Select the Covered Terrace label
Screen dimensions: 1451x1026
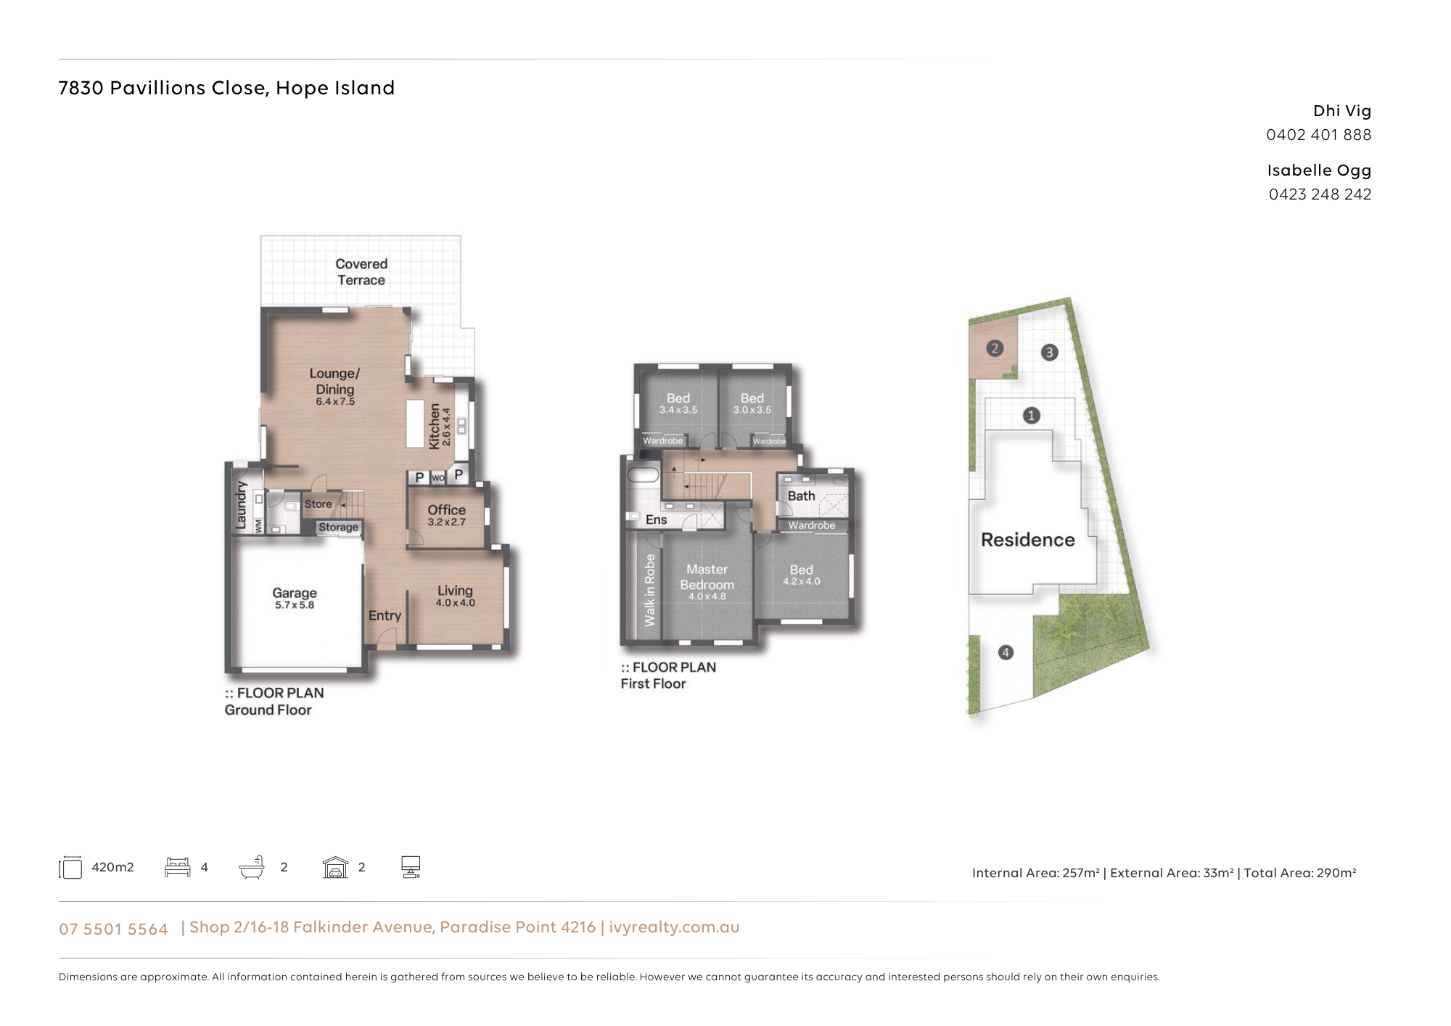click(361, 272)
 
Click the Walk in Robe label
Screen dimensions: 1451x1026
click(649, 590)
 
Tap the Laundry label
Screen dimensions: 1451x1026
click(242, 505)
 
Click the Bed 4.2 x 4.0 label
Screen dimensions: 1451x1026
click(801, 575)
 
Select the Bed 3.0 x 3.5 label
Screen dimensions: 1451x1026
click(752, 403)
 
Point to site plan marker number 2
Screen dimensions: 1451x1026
click(995, 348)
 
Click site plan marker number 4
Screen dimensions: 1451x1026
click(1006, 652)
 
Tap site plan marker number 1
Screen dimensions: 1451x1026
click(1031, 416)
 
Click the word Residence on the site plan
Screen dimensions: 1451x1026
click(1027, 540)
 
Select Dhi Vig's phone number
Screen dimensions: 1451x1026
click(1319, 135)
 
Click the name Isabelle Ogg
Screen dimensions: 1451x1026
click(1319, 171)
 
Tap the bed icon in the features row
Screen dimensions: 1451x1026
click(178, 867)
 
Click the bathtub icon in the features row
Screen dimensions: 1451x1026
click(252, 867)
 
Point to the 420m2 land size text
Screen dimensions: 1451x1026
click(112, 867)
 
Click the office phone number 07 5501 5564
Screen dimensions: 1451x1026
click(113, 929)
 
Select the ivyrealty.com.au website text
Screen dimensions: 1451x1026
click(674, 927)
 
